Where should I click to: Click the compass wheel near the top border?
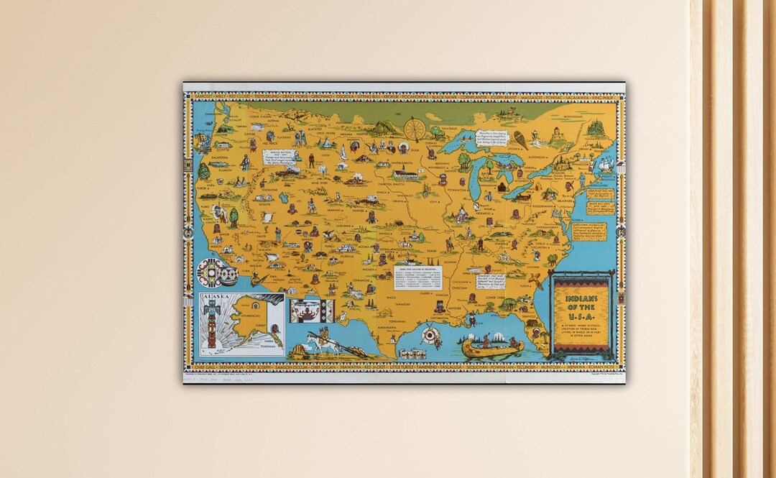415,129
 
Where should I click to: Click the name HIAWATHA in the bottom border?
354,364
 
